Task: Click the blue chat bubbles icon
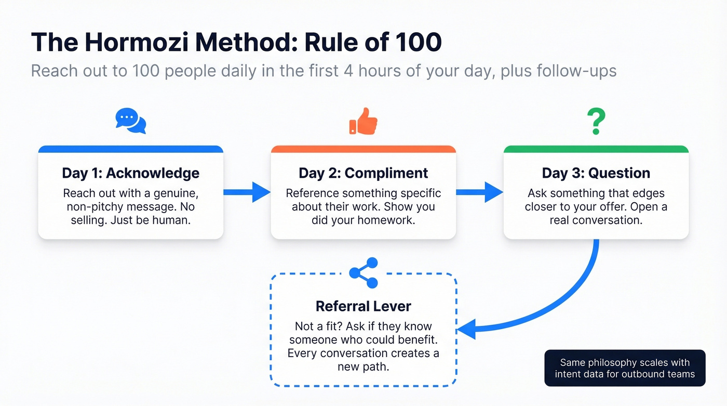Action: point(130,121)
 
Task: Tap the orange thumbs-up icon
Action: point(363,121)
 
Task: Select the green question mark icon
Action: point(596,121)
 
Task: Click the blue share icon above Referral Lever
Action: point(363,273)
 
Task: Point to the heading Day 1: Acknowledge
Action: point(130,173)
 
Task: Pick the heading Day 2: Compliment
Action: point(363,173)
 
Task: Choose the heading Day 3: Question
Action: point(596,173)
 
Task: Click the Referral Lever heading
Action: point(363,306)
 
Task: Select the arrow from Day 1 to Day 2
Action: point(247,192)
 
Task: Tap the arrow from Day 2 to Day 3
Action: point(479,192)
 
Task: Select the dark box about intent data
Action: point(624,368)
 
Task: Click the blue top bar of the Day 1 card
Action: point(130,149)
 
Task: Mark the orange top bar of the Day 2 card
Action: point(363,149)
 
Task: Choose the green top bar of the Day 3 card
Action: point(596,149)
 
